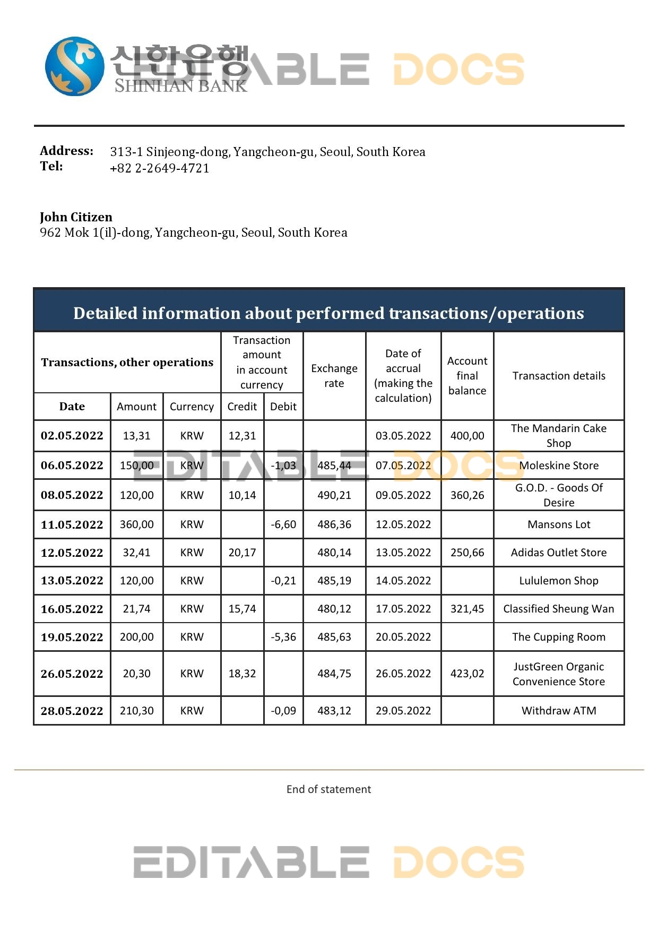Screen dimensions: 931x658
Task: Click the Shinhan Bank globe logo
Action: [74, 66]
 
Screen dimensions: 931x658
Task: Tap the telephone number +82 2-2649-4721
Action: [159, 168]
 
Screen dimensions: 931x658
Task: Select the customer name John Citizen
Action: [76, 217]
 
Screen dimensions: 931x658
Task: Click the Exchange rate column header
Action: [334, 376]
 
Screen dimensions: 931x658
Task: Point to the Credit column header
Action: [242, 407]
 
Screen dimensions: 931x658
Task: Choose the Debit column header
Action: [283, 407]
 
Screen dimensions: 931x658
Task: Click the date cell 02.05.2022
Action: [72, 436]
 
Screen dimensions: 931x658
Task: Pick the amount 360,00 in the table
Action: [136, 524]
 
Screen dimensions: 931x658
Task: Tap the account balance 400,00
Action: [467, 436]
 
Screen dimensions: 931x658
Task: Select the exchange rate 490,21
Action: [334, 495]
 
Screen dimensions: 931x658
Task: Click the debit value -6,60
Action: [283, 524]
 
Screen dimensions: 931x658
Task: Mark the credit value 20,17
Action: [242, 553]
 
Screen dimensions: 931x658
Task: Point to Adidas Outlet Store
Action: [559, 553]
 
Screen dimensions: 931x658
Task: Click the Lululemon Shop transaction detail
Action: [559, 581]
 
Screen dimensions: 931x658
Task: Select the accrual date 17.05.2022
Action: [403, 609]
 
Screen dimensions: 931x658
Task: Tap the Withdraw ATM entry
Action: [559, 711]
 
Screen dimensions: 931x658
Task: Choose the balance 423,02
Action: [467, 674]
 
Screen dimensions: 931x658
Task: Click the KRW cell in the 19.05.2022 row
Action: [192, 637]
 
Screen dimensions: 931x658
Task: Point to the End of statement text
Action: [328, 789]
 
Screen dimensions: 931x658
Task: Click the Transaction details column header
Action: [559, 376]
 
